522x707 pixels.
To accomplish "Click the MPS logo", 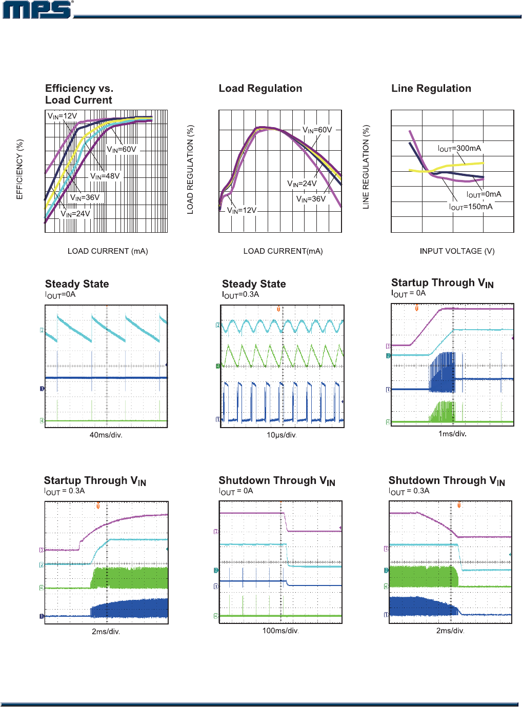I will pyautogui.click(x=37, y=10).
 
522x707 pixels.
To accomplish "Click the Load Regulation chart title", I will pyautogui.click(x=260, y=88).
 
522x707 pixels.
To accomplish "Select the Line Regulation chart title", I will pyautogui.click(x=431, y=88).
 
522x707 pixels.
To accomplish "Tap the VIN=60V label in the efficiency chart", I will pyautogui.click(x=122, y=149).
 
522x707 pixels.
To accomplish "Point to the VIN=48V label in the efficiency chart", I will pyautogui.click(x=105, y=176).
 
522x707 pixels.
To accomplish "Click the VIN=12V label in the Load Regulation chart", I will pyautogui.click(x=242, y=210).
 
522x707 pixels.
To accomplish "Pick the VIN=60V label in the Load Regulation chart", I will pyautogui.click(x=317, y=130).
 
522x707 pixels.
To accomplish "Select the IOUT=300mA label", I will pyautogui.click(x=459, y=148).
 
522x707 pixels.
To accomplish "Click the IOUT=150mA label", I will pyautogui.click(x=471, y=207).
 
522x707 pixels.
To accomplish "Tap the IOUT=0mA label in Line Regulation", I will pyautogui.click(x=484, y=194).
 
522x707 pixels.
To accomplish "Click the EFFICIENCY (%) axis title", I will pyautogui.click(x=19, y=169).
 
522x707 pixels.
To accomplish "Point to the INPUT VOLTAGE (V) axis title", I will pyautogui.click(x=457, y=251).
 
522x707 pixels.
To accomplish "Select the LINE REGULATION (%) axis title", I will pyautogui.click(x=366, y=167).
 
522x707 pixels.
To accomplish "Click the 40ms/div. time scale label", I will pyautogui.click(x=106, y=435).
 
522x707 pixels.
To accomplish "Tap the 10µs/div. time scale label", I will pyautogui.click(x=282, y=435).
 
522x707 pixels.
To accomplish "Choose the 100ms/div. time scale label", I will pyautogui.click(x=280, y=631).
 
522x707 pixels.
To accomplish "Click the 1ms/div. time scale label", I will pyautogui.click(x=452, y=434).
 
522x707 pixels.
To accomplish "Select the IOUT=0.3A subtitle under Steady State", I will pyautogui.click(x=240, y=295).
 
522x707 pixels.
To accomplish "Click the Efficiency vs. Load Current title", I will pyautogui.click(x=79, y=94).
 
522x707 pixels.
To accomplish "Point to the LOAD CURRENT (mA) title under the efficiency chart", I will pyautogui.click(x=108, y=251).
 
